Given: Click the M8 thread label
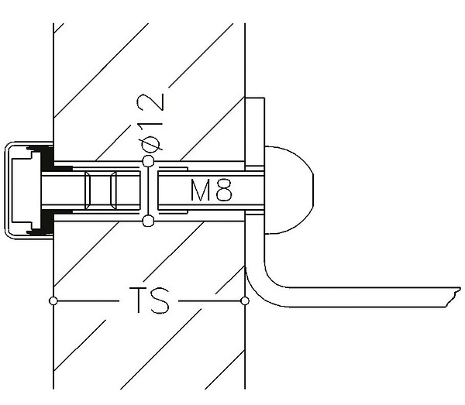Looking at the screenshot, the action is [211, 190].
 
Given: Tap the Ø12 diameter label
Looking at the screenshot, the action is [150, 122].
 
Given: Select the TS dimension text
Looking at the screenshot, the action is [149, 300].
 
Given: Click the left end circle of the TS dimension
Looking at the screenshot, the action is [53, 301].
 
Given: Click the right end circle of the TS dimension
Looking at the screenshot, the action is [245, 301].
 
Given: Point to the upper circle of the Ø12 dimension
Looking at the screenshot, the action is [148, 162].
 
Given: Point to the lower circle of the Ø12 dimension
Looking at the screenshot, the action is [148, 221].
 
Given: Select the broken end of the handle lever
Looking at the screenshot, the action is [453, 297].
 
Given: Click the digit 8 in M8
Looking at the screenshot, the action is [224, 190].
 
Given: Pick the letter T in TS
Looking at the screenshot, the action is [139, 300].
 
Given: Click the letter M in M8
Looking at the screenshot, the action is [200, 190].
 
